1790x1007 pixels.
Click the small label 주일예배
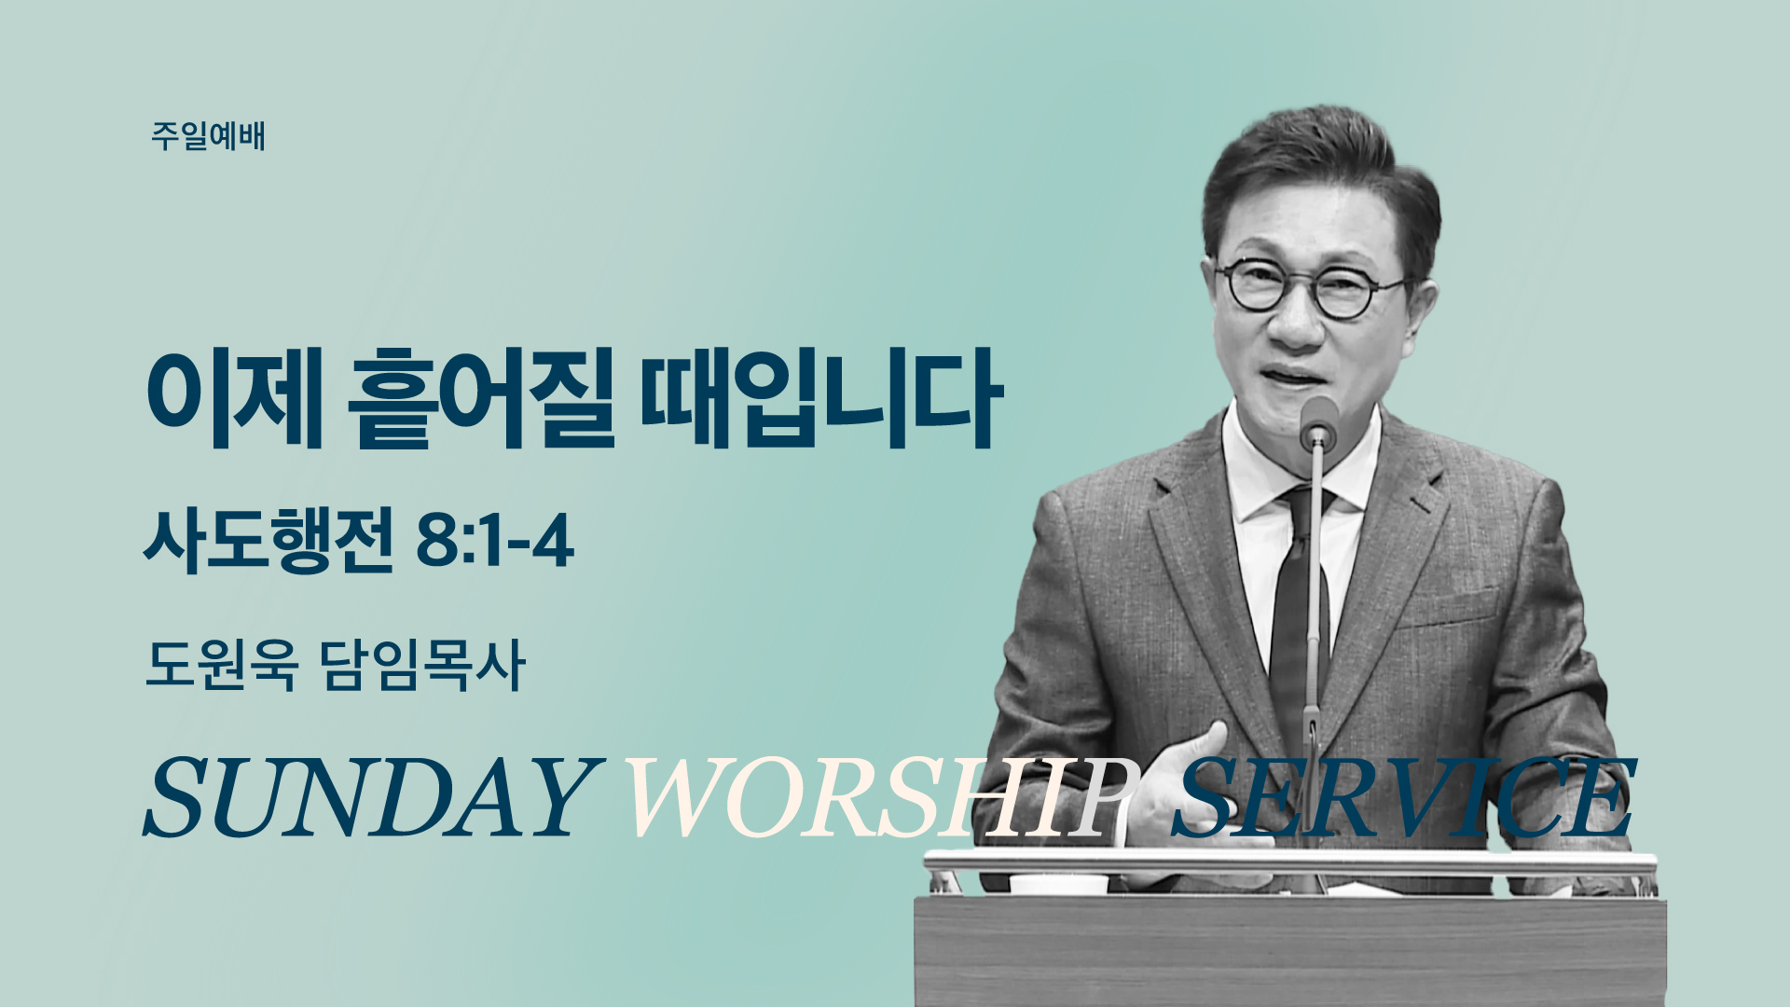coord(208,136)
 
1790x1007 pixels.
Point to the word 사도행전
coord(268,540)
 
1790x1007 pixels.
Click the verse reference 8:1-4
coord(495,541)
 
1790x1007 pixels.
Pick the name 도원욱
coord(222,665)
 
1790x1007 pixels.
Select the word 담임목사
coord(423,665)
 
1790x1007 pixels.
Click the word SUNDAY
coord(370,796)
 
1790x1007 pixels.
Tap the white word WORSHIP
coord(881,796)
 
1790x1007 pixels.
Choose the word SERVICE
coord(1403,796)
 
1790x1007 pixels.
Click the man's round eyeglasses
coord(1311,289)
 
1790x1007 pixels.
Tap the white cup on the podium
coord(1059,883)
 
